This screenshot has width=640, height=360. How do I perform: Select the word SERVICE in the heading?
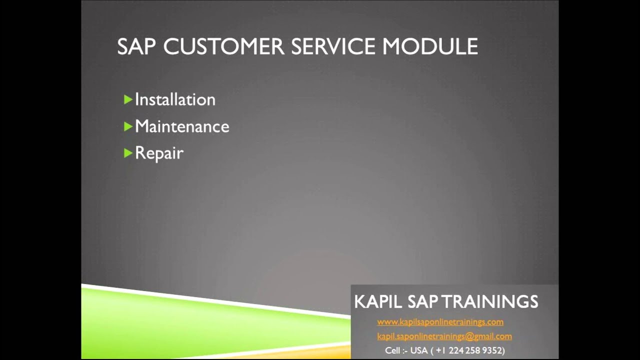(333, 46)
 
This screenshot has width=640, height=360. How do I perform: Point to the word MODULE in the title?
(430, 46)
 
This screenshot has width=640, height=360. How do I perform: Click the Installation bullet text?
(175, 99)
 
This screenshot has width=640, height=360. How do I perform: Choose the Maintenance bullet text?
(182, 126)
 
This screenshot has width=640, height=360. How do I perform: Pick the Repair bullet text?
(159, 153)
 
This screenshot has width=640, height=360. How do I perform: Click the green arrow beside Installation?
(128, 99)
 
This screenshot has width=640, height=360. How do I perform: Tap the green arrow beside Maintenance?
(128, 126)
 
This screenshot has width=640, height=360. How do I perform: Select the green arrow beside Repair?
(128, 152)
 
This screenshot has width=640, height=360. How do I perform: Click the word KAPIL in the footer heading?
(378, 302)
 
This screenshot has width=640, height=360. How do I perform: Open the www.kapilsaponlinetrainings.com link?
(440, 322)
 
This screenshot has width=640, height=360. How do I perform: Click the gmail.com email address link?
(444, 336)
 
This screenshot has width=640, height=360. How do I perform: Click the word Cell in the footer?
(392, 350)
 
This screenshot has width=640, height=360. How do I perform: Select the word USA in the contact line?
(419, 350)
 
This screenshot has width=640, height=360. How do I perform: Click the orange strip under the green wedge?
(300, 354)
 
